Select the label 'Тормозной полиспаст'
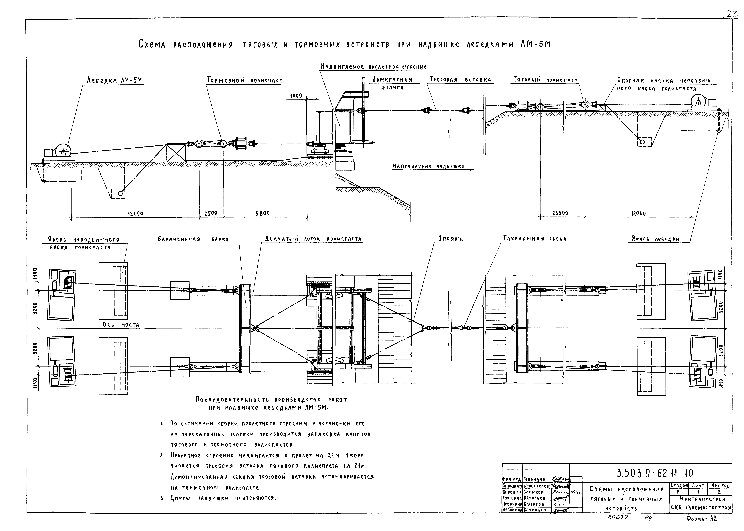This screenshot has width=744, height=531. coord(245,80)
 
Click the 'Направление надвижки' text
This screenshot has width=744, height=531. coord(429,166)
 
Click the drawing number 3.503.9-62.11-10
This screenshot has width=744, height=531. coord(654,473)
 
